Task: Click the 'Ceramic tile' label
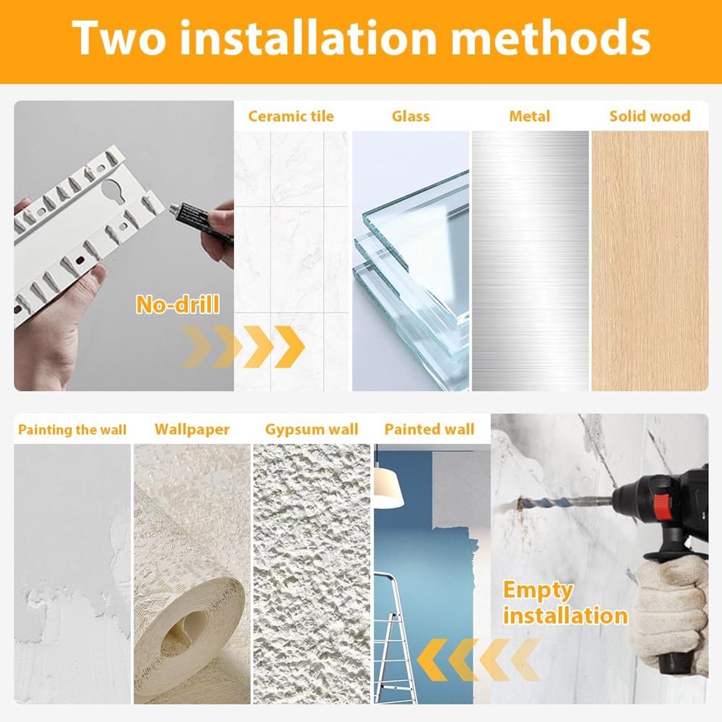291,116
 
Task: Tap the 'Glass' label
411,116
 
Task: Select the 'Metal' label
530,116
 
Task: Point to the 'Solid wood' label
650,116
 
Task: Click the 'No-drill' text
177,304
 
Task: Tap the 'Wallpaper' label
192,430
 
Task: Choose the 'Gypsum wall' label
312,430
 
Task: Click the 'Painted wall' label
430,429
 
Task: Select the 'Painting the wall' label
72,430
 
